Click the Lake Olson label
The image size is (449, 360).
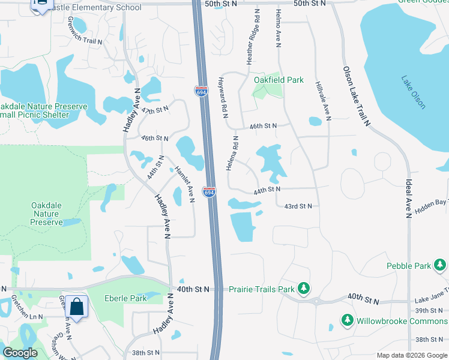tap(414, 93)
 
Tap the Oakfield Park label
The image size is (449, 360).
tap(279, 80)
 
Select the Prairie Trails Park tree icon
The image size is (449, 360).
tap(304, 289)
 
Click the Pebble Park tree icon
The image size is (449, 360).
tap(441, 265)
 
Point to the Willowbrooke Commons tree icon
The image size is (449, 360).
tap(346, 320)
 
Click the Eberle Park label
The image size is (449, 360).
tap(125, 298)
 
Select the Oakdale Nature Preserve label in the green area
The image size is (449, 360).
tap(47, 214)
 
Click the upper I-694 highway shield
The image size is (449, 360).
tap(201, 92)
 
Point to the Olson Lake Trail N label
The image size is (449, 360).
tap(357, 96)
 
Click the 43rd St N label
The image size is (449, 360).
tap(298, 206)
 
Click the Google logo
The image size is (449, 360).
tap(20, 353)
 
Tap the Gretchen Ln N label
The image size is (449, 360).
tap(28, 316)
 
